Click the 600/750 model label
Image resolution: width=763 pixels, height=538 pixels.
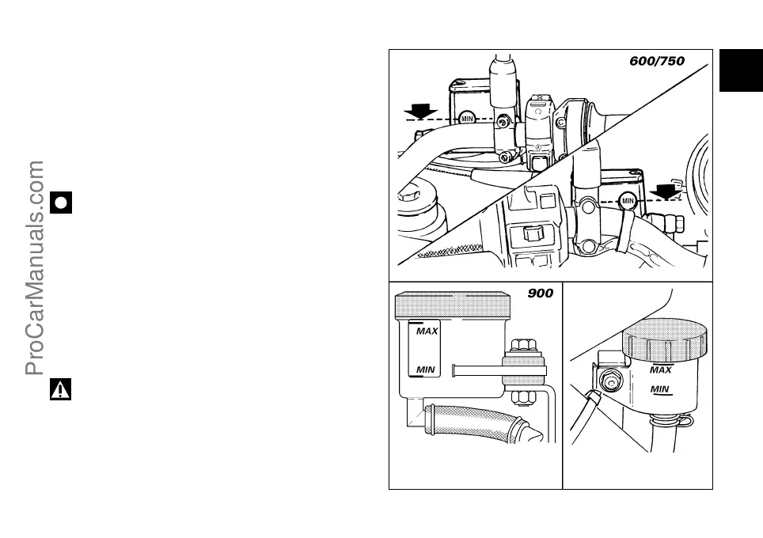coord(657,60)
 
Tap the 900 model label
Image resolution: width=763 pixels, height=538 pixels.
coord(541,294)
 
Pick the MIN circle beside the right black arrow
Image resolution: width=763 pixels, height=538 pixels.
coord(628,201)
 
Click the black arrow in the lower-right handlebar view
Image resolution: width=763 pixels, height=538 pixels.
coord(666,190)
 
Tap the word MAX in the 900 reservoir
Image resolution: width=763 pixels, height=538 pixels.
coord(427,331)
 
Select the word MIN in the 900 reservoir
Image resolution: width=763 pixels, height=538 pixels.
coord(427,369)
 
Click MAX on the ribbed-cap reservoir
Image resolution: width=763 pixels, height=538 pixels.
coord(660,369)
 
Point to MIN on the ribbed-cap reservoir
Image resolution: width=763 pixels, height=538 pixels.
coord(660,388)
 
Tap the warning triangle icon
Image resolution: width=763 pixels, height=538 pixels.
coord(61,388)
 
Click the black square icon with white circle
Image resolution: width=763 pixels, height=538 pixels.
coord(61,202)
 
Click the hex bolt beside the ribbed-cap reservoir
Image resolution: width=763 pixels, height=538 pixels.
coord(609,382)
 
